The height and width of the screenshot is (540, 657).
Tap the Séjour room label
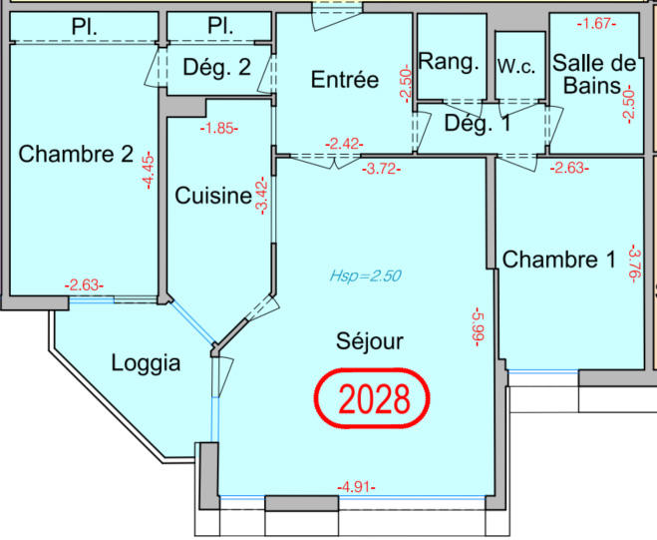369,342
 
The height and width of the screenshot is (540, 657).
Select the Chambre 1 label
558,262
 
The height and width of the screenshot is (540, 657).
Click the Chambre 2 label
76,155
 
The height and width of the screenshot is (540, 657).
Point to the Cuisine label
212,197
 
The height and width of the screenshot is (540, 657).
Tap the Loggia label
146,363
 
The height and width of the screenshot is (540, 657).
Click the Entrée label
344,80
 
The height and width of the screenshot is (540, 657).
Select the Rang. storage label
449,62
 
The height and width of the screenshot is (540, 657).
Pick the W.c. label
518,66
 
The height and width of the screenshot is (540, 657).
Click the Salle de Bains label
595,73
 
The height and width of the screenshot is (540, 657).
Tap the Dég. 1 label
477,125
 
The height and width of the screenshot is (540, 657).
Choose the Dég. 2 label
216,69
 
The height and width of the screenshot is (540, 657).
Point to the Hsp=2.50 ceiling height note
365,276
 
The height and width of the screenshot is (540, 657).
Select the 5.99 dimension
478,327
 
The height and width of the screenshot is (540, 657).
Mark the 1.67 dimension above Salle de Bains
597,21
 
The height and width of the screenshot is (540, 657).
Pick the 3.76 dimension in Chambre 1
632,264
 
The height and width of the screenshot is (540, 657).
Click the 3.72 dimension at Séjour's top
382,168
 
